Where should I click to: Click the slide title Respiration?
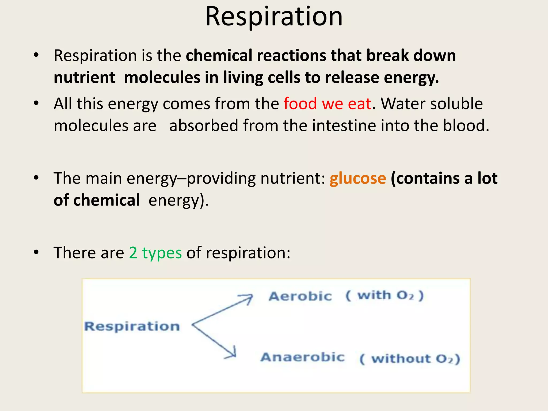[x=274, y=17]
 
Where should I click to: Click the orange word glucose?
[x=358, y=178]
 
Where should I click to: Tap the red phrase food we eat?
[x=327, y=104]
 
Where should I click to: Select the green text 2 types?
[x=155, y=253]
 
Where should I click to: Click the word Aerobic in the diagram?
[x=300, y=296]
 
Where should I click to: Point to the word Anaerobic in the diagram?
[x=302, y=357]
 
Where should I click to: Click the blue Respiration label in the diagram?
[x=132, y=326]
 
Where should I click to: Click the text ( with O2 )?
[x=385, y=296]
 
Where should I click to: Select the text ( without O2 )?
[x=409, y=359]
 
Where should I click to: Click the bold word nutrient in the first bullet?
[x=84, y=78]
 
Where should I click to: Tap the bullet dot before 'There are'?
[x=36, y=252]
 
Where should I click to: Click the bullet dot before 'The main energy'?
[x=36, y=178]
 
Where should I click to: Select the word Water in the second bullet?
[x=403, y=104]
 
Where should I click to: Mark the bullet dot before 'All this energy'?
[x=36, y=103]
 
